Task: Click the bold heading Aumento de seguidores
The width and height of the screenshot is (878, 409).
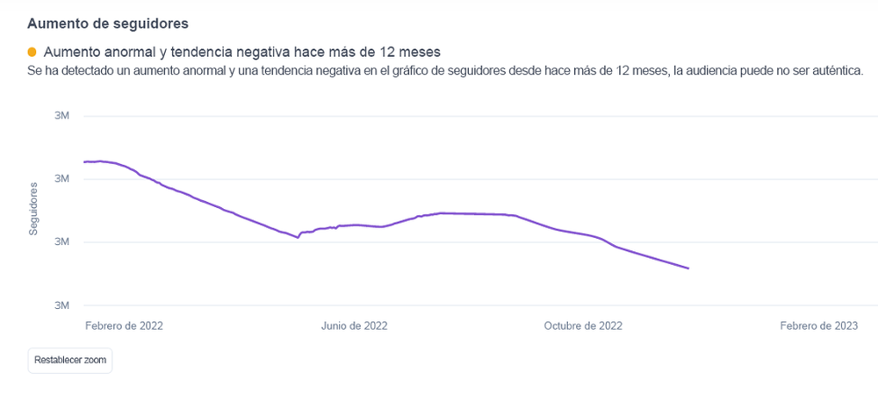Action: pos(107,24)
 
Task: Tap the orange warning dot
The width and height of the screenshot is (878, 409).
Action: pos(32,52)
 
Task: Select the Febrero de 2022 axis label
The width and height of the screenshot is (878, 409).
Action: pos(125,326)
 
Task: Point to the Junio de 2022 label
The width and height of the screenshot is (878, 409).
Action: pos(354,326)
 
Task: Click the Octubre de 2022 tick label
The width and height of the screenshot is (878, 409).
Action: pos(583,326)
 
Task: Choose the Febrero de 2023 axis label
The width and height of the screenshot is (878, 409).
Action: pos(819,326)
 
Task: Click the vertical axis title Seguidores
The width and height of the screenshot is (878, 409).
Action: pos(33,208)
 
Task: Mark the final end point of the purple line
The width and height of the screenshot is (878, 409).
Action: pos(688,269)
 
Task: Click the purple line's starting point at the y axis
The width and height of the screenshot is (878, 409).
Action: pos(84,161)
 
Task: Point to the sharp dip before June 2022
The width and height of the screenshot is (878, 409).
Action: pos(298,237)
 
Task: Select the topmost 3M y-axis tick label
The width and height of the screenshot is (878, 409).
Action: pos(61,116)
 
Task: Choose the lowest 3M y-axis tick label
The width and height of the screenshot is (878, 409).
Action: pos(61,305)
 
